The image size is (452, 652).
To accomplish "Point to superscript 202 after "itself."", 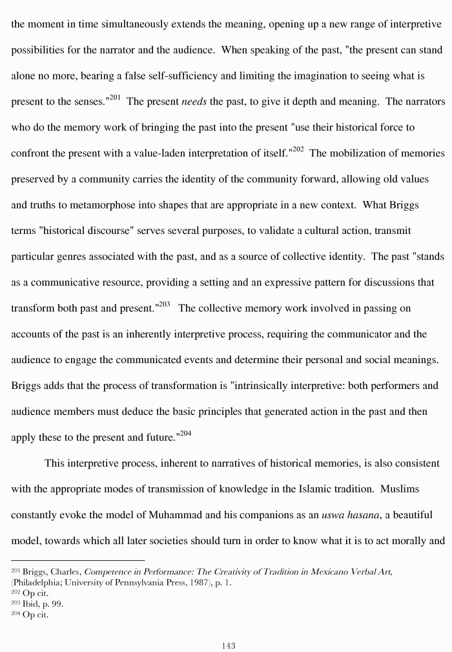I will coord(298,149).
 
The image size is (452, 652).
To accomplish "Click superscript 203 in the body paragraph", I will coord(164,304).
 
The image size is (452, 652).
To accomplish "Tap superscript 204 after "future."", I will coord(185,434).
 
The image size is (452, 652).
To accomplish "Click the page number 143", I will coord(227,645).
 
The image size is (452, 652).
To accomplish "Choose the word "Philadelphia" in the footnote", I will coord(37,583).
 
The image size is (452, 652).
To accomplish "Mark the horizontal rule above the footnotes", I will coord(77,560).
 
